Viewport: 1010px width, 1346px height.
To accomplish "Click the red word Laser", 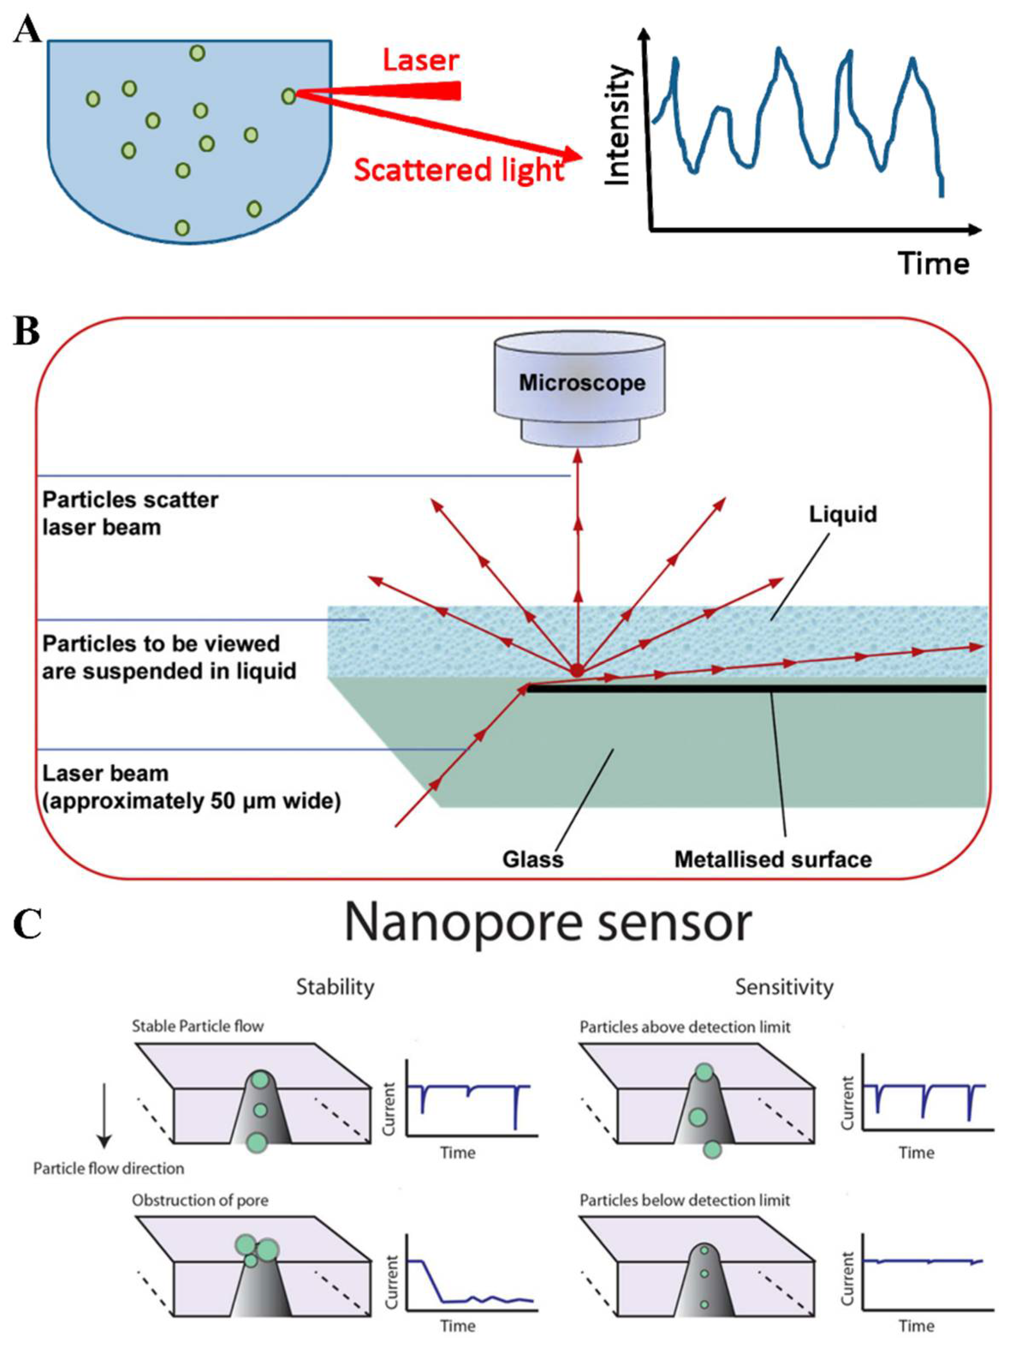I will pyautogui.click(x=420, y=60).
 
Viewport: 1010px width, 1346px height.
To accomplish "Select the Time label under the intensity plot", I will pyautogui.click(x=933, y=263).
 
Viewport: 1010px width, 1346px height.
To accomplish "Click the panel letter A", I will pyautogui.click(x=27, y=30).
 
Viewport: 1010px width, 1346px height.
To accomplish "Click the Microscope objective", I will pyautogui.click(x=581, y=384).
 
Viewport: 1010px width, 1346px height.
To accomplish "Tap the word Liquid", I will pyautogui.click(x=842, y=514).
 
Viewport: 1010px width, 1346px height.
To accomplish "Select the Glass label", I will pyautogui.click(x=533, y=859).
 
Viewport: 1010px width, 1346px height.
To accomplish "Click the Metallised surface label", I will pyautogui.click(x=773, y=859).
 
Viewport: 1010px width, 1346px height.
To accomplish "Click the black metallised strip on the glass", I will pyautogui.click(x=754, y=689).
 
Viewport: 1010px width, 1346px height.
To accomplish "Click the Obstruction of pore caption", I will pyautogui.click(x=199, y=1200).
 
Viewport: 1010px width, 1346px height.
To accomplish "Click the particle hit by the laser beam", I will pyautogui.click(x=289, y=96).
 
